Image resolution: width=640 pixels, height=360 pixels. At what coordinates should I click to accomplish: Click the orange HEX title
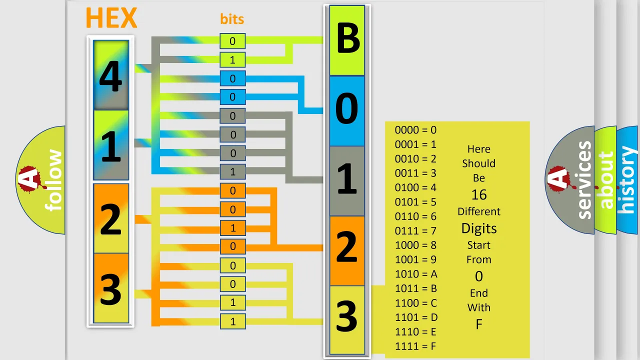click(111, 17)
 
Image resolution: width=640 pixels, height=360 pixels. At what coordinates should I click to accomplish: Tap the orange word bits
click(232, 19)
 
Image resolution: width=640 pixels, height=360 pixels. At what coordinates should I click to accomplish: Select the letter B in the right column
click(347, 38)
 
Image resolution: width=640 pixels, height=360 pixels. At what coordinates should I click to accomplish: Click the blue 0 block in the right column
click(347, 111)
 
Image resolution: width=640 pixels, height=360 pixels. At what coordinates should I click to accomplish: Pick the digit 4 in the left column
click(111, 76)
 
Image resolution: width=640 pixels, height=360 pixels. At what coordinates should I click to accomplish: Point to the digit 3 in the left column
click(110, 289)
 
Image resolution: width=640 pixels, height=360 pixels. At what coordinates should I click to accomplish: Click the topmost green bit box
click(232, 41)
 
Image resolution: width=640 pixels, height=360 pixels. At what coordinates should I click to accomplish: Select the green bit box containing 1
click(232, 60)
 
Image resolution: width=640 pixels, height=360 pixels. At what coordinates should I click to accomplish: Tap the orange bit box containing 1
click(233, 228)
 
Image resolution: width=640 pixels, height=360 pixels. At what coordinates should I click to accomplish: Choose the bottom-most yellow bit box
click(233, 321)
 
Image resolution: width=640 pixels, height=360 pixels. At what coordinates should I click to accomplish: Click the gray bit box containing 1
click(233, 171)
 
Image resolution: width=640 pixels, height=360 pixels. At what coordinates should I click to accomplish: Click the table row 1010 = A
click(416, 274)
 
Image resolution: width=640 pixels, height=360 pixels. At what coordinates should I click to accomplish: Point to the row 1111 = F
click(415, 346)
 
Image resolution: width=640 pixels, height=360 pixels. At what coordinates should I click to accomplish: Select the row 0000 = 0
click(415, 130)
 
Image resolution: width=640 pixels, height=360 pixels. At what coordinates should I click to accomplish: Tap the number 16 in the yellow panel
click(479, 195)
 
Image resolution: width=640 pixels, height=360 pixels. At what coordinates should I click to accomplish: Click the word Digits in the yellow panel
click(479, 228)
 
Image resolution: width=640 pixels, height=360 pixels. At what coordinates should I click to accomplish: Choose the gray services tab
click(570, 180)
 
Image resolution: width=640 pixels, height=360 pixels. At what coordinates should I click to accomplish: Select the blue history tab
click(628, 180)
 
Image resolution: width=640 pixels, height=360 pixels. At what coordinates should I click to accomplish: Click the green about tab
click(605, 180)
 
